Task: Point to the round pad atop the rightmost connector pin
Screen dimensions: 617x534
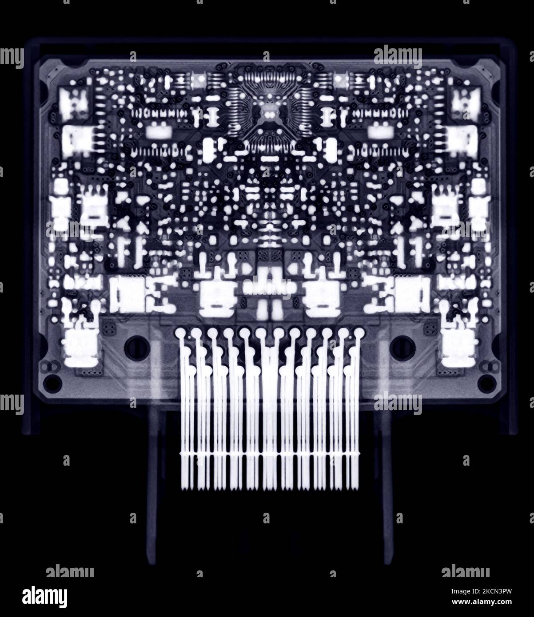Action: [358, 332]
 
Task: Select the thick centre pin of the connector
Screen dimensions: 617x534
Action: [268, 399]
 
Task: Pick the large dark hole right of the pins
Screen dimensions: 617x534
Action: [400, 344]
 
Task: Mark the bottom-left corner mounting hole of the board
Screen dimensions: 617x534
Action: [53, 380]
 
